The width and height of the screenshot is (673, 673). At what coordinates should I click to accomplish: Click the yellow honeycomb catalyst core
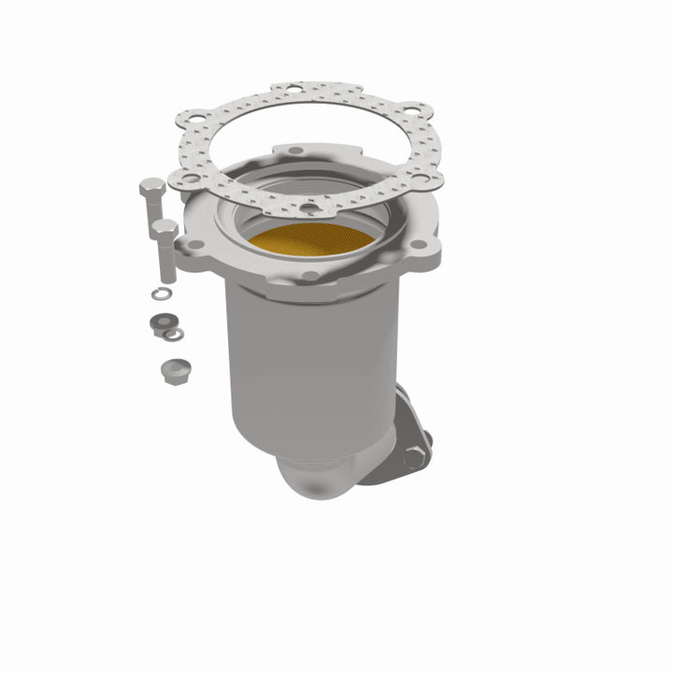tap(311, 240)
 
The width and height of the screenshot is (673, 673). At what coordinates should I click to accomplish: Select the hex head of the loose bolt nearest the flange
tap(164, 227)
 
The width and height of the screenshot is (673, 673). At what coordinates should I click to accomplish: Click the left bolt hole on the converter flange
tap(194, 245)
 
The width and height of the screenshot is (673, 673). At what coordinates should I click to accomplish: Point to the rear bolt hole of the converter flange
tap(294, 150)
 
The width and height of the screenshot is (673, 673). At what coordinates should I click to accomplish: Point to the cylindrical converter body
tap(308, 365)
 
